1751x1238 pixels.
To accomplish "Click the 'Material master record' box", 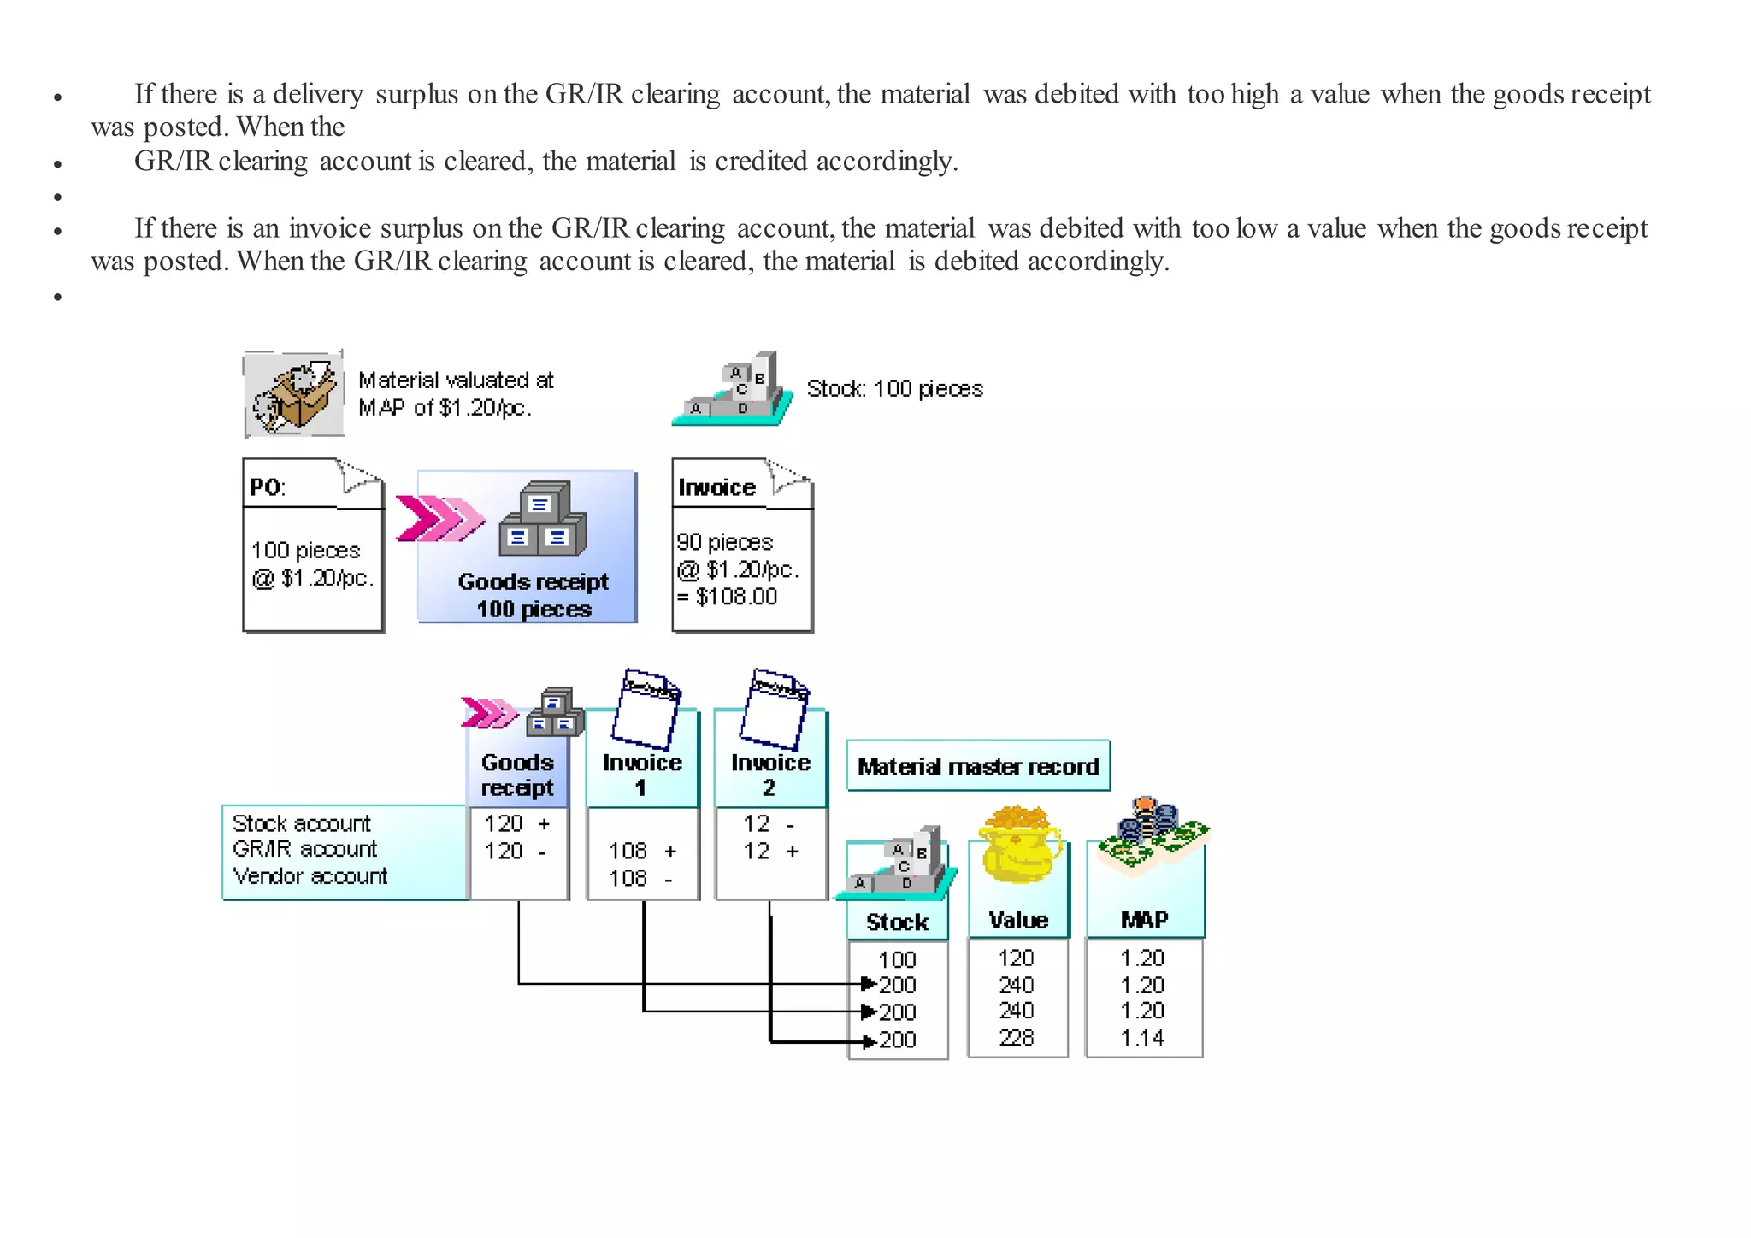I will (977, 766).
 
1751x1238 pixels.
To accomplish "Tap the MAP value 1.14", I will (1142, 1038).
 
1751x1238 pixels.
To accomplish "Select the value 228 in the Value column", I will (1017, 1038).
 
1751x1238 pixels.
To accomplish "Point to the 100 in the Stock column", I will (897, 959).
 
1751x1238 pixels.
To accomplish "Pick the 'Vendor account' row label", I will (310, 876).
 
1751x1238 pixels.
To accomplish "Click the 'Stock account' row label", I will (301, 823).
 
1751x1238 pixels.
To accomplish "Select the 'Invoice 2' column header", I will (769, 774).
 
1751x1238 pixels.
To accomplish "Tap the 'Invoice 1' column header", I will (642, 774).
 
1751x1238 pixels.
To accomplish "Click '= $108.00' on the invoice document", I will (728, 597).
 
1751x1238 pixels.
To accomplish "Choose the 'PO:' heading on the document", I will (267, 487).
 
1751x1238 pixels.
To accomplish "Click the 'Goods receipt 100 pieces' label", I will (534, 595).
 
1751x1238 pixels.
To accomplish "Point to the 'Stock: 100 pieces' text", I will (894, 389).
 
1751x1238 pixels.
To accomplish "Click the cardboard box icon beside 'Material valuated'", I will (294, 395).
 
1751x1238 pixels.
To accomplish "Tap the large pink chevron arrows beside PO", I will (439, 518).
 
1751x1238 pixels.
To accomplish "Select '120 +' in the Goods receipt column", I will (516, 823).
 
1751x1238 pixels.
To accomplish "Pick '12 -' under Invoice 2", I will (769, 823).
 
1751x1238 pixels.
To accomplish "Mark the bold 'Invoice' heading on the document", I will (716, 487).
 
